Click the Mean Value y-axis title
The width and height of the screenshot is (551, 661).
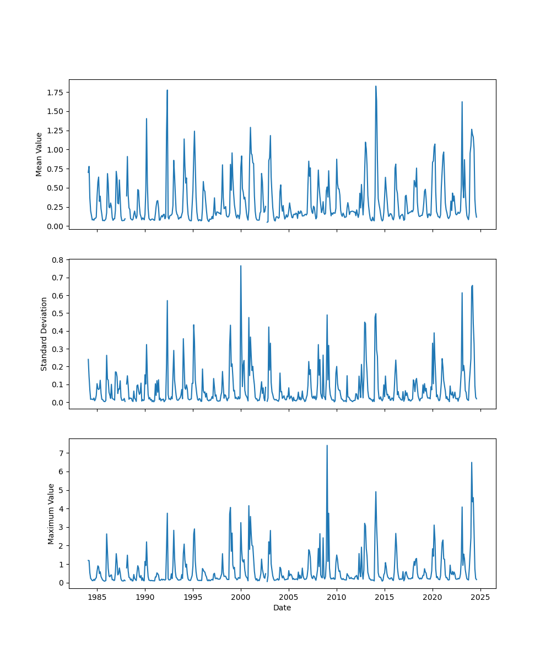39,154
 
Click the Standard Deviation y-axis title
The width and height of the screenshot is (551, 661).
44,334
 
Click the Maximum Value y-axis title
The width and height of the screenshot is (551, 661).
51,513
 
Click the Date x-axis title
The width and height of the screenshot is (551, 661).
282,608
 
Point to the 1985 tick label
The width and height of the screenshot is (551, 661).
97,597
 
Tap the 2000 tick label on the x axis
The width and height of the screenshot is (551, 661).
241,597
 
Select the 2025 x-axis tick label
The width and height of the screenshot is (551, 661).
480,597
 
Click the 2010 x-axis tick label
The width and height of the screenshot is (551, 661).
337,597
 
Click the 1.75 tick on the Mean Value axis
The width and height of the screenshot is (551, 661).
54,92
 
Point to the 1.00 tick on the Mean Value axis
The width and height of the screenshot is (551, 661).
54,150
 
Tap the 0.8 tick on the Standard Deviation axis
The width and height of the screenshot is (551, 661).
58,259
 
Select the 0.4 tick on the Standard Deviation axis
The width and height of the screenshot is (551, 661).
58,331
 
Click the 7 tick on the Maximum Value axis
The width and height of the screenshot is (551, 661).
61,453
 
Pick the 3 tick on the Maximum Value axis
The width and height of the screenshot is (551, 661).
61,527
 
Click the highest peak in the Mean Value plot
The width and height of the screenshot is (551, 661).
376,86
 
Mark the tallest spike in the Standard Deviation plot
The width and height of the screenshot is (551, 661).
240,266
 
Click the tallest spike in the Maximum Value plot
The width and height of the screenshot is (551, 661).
327,446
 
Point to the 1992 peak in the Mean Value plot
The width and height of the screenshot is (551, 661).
167,90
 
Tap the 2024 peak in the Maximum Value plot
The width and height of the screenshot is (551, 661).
471,463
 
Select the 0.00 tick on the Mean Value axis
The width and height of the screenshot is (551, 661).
54,226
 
